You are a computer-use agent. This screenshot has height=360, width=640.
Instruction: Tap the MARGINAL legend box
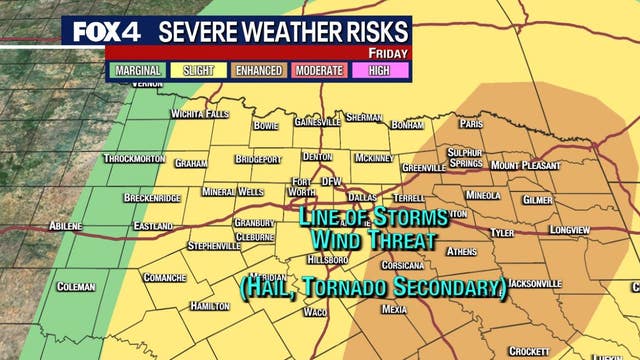(138, 71)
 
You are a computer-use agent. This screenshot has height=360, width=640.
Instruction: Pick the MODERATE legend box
(319, 71)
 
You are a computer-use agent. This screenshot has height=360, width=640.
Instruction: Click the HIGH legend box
(379, 71)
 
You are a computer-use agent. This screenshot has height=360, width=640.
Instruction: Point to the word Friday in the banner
(389, 52)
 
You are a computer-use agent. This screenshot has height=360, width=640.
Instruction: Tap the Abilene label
(59, 226)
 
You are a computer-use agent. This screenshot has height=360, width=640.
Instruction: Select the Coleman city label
(76, 287)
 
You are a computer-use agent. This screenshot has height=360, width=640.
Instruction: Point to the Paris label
(471, 124)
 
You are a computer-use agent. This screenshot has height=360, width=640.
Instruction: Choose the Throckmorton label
(132, 159)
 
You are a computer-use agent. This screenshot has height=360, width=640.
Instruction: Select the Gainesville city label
(317, 121)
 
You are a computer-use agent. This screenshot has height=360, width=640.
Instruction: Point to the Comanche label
(165, 277)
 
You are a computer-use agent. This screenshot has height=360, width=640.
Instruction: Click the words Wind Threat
(373, 240)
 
